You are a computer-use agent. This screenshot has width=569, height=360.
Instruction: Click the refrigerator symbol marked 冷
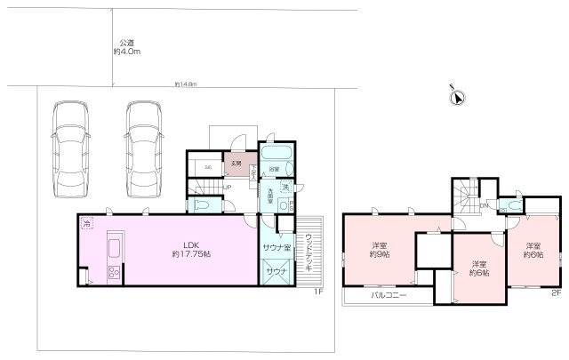tap(87, 226)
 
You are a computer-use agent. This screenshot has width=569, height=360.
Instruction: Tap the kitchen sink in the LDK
tap(115, 246)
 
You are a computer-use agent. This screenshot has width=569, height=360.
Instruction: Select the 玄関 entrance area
tap(236, 164)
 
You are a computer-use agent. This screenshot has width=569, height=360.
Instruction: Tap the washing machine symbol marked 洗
tap(286, 188)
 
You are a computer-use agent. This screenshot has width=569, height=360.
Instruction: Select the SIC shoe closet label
tap(208, 166)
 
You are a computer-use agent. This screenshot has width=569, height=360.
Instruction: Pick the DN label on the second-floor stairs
tap(484, 207)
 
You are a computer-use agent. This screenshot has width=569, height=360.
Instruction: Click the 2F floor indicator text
tap(556, 292)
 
